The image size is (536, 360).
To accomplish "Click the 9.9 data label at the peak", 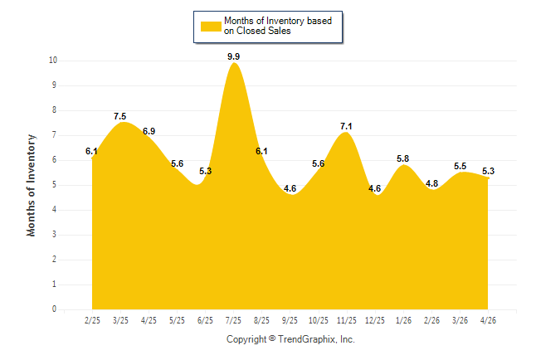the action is coord(233,56).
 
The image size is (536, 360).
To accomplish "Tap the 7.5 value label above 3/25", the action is coord(120,116).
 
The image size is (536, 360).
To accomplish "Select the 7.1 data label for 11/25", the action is coord(346,126).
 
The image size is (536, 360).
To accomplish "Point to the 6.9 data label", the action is coord(149,131).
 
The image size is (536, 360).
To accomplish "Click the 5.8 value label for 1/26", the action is coord(402,158).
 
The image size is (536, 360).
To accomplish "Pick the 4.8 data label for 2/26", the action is coord(431,183).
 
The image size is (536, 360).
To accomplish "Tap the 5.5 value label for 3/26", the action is coord(460,166).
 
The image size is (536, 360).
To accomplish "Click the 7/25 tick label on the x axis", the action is coord(233,320).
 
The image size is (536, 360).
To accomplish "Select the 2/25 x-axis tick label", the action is coord(92,320).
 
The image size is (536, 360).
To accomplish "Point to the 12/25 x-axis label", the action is coord(375,320).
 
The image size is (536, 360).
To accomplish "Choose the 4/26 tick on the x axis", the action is coord(488,320).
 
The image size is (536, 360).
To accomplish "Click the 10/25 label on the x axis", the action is coord(319,320).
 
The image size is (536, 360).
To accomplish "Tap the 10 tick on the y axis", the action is coord(53,61).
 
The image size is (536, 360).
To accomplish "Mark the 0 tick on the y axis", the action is coord(55,309).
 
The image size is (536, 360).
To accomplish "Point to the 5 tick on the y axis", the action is coord(55,185).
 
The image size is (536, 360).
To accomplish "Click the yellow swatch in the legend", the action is coord(211,27).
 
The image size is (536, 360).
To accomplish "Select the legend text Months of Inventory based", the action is coord(278,21).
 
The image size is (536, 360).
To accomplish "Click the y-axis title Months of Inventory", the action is coord(31,185).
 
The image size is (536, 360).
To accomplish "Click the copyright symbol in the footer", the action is coord(272,338).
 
